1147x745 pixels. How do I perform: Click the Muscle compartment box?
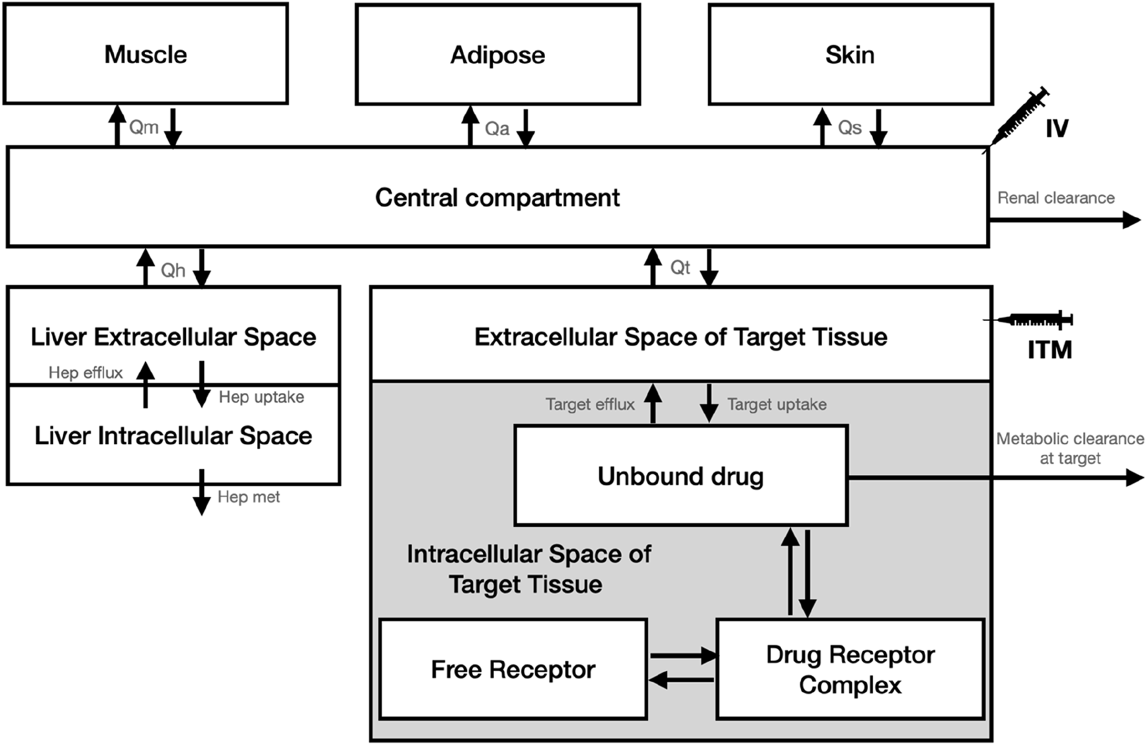146,54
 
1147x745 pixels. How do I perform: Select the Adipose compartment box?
497,55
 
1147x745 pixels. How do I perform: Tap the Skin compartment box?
850,55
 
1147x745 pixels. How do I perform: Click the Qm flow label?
144,127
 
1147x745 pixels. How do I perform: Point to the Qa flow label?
497,129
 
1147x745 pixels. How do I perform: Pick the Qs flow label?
849,128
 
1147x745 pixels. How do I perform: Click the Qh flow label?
173,270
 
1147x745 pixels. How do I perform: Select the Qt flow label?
680,267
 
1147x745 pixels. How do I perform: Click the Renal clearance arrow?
1064,220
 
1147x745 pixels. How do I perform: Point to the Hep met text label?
249,497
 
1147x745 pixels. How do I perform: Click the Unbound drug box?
680,476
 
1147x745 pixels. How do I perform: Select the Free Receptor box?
513,669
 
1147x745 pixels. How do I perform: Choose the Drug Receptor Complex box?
850,669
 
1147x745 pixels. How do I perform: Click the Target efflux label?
590,405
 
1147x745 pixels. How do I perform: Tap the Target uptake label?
777,405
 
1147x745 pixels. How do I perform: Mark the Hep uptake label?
261,397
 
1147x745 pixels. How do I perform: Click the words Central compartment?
497,197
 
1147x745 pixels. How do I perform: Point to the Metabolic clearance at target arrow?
1062,478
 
